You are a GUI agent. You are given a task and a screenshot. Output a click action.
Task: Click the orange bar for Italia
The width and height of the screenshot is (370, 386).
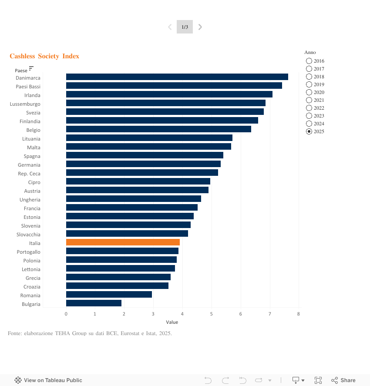tap(123, 242)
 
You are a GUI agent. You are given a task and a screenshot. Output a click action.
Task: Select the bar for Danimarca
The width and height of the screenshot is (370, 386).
tap(177, 77)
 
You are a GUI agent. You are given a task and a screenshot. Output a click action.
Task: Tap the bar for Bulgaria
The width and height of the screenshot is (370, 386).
tap(94, 303)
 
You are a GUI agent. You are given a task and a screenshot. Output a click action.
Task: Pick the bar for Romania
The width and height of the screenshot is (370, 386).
tap(109, 295)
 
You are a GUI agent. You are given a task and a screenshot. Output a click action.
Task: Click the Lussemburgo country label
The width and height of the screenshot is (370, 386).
tap(25, 104)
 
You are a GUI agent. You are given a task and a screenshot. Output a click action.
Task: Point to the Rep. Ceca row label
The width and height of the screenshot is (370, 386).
tap(29, 174)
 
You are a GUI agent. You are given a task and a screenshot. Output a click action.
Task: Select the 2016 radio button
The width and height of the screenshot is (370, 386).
tap(309, 61)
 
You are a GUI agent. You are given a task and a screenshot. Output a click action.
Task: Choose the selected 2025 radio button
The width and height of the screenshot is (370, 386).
tap(309, 131)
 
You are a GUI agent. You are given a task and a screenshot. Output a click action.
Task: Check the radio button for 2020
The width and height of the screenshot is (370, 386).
tap(309, 92)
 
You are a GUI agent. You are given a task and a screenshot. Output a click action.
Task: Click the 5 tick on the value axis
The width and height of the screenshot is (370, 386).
tap(212, 314)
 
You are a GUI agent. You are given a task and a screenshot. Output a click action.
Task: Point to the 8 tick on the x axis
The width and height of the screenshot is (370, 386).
tap(299, 314)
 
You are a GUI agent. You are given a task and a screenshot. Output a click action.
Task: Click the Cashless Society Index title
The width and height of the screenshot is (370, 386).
tap(44, 56)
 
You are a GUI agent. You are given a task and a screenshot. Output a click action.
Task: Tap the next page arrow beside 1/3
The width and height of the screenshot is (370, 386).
tap(200, 27)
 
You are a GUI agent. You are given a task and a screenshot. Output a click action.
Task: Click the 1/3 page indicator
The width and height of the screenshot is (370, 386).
tap(185, 27)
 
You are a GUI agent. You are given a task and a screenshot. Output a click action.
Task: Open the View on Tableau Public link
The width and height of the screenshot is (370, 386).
tap(48, 380)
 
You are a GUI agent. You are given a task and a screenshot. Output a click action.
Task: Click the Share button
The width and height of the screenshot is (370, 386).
tap(343, 380)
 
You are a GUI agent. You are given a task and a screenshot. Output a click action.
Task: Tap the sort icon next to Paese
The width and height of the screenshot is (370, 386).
tap(31, 69)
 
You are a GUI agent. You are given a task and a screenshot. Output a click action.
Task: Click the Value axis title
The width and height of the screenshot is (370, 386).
tap(172, 322)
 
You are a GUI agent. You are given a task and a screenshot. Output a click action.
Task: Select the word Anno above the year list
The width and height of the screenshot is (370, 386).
tap(310, 52)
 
